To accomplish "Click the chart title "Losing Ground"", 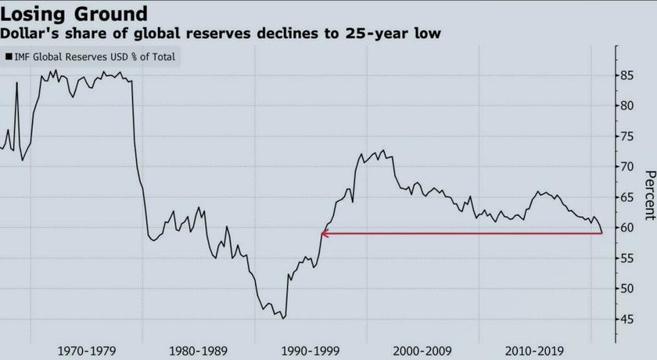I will tap(74, 13).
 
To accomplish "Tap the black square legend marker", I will tap(9, 56).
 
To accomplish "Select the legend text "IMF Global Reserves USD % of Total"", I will tap(94, 56).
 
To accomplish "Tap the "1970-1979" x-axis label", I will tap(87, 351).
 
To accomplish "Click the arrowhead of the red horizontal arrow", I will tap(324, 233).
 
